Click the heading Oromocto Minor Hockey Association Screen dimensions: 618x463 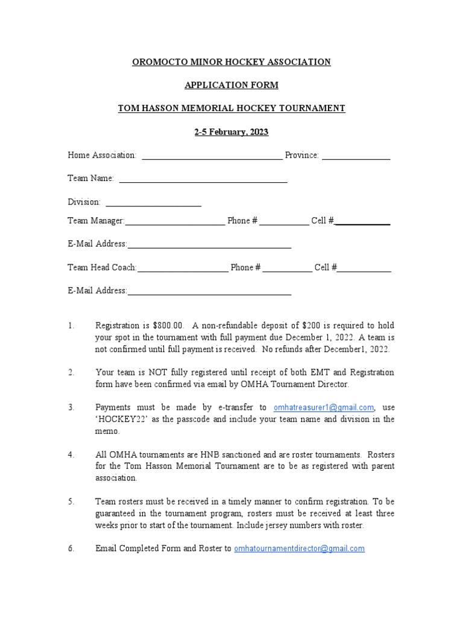pyautogui.click(x=231, y=62)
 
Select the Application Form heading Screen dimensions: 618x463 pyautogui.click(x=231, y=85)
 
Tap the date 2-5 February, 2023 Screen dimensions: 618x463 pyautogui.click(x=231, y=132)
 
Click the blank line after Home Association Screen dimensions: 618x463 pyautogui.click(x=211, y=156)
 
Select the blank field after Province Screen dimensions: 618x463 pyautogui.click(x=356, y=156)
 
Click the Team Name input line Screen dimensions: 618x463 pyautogui.click(x=203, y=179)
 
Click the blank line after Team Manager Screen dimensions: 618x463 pyautogui.click(x=175, y=221)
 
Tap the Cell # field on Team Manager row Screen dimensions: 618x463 pyautogui.click(x=363, y=221)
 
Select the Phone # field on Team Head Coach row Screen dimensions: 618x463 pyautogui.click(x=288, y=269)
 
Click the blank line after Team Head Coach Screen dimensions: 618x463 pyautogui.click(x=183, y=269)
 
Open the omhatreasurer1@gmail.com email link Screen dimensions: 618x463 pyautogui.click(x=324, y=408)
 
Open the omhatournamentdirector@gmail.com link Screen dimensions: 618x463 pyautogui.click(x=299, y=549)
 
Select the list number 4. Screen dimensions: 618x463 pyautogui.click(x=71, y=454)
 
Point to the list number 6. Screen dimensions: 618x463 pyautogui.click(x=71, y=549)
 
